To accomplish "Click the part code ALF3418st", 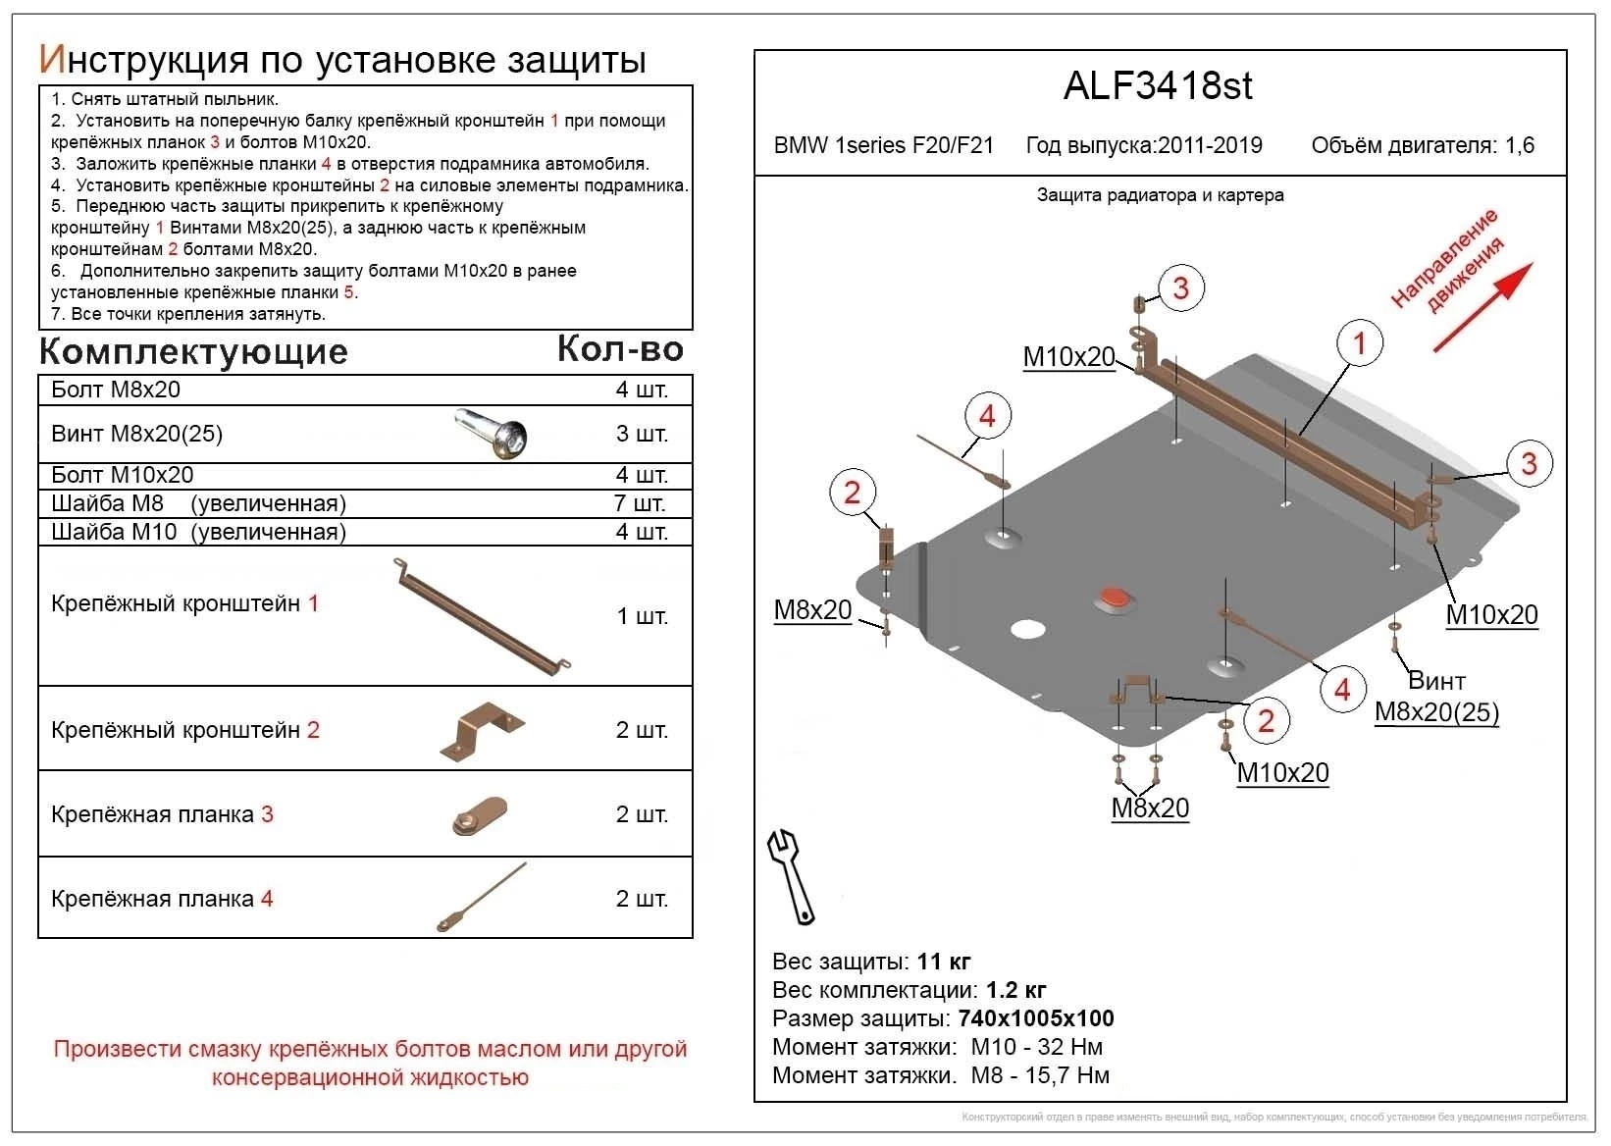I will (x=1158, y=86).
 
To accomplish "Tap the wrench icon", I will (x=791, y=875).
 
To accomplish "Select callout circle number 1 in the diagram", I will (x=1359, y=342).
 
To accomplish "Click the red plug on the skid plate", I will (x=1115, y=598).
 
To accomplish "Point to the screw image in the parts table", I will (x=491, y=434).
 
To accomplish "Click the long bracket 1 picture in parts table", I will (x=482, y=616).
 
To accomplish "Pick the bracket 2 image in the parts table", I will (x=482, y=731).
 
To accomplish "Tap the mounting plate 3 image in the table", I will (x=479, y=815).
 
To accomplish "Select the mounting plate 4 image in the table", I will (x=482, y=897).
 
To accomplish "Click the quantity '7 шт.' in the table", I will (x=641, y=504).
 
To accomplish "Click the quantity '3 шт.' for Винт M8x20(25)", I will (x=642, y=434).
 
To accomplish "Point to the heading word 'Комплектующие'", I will (x=193, y=351).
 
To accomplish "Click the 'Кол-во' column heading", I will (x=620, y=348).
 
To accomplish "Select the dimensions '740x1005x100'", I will (x=1036, y=1018).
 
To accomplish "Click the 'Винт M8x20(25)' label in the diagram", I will (x=1437, y=698).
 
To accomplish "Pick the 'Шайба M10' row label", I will (x=114, y=532).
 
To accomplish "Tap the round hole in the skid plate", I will (x=1027, y=629).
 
